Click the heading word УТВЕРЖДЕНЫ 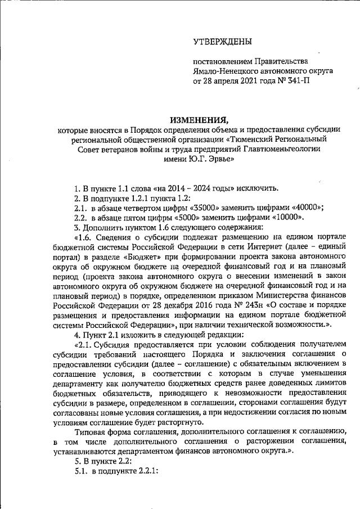223,41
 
